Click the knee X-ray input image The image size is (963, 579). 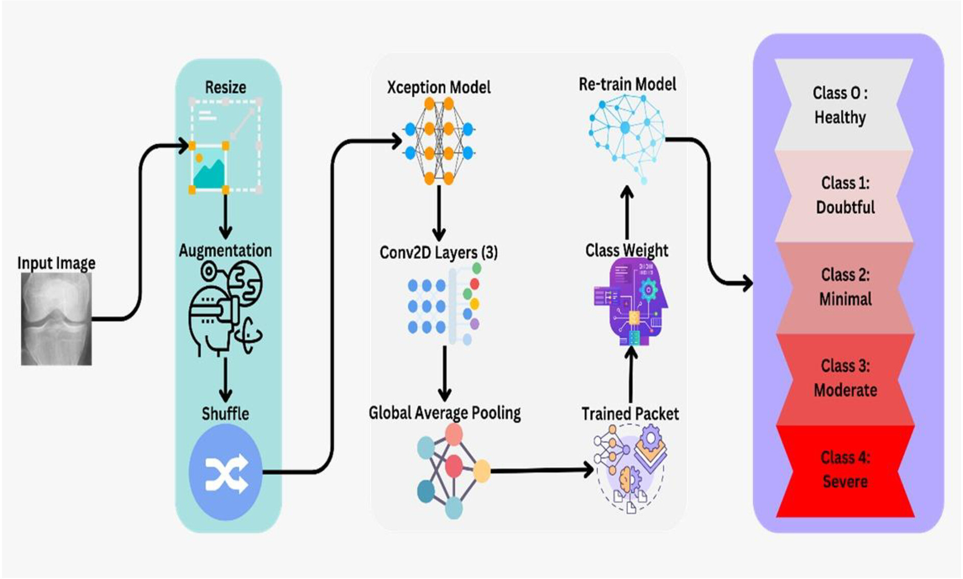pyautogui.click(x=56, y=319)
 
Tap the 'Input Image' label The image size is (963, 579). pyautogui.click(x=56, y=263)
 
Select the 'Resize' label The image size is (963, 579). pyautogui.click(x=225, y=87)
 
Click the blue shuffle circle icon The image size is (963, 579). pyautogui.click(x=225, y=472)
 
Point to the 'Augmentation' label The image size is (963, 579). pyautogui.click(x=225, y=250)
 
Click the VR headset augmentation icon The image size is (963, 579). pyautogui.click(x=225, y=308)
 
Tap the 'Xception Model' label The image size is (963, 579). pyautogui.click(x=439, y=87)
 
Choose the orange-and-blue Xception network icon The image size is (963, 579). pyautogui.click(x=439, y=141)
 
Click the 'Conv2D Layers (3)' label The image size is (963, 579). pyautogui.click(x=439, y=252)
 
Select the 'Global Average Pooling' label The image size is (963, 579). pyautogui.click(x=445, y=413)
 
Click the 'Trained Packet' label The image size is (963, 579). pyautogui.click(x=630, y=413)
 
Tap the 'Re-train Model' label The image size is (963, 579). pyautogui.click(x=627, y=84)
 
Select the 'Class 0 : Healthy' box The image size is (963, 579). pyautogui.click(x=844, y=104)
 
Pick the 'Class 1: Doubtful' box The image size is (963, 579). pyautogui.click(x=844, y=196)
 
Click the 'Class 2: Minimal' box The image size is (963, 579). pyautogui.click(x=845, y=287)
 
